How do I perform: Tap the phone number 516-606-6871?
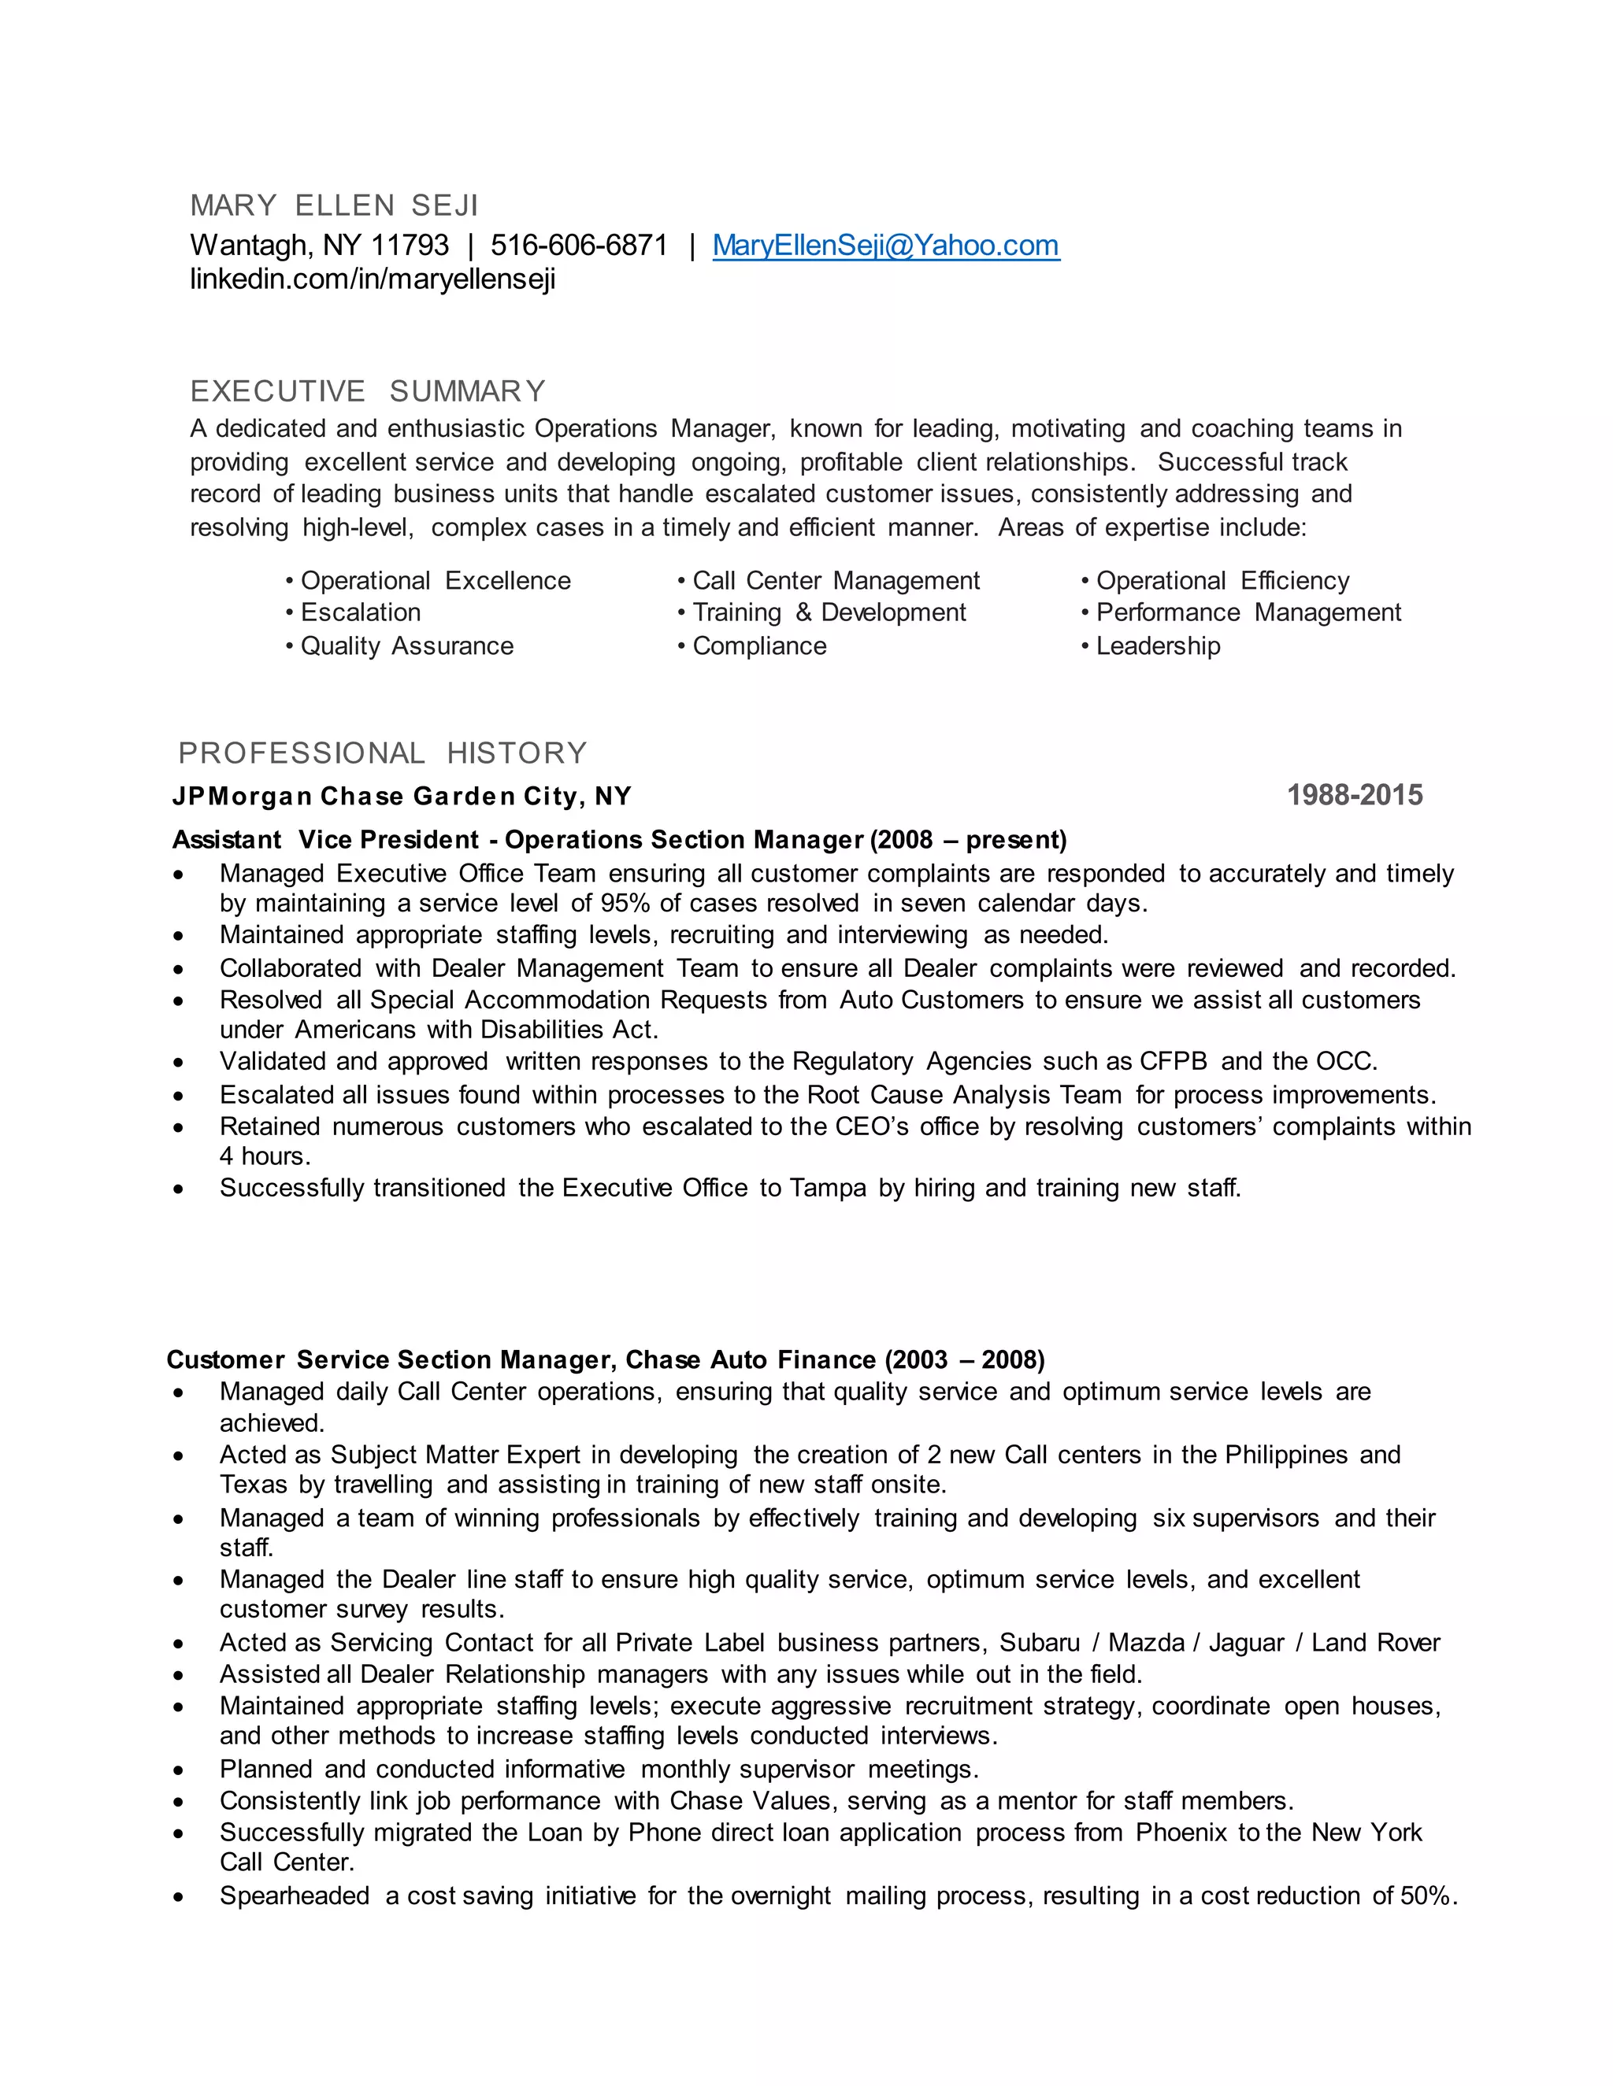coord(579,246)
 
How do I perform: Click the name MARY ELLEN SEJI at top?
coord(333,205)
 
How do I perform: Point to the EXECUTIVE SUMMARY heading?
coord(368,390)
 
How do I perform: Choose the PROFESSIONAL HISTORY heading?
coord(382,753)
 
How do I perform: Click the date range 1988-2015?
coord(1354,795)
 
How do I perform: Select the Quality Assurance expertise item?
coord(406,645)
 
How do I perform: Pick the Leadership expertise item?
coord(1157,645)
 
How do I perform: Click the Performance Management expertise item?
coord(1248,612)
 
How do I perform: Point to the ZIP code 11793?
coord(410,246)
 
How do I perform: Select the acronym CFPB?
coord(1174,1061)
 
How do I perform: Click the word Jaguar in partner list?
coord(1246,1643)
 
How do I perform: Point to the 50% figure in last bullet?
coord(1426,1896)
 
